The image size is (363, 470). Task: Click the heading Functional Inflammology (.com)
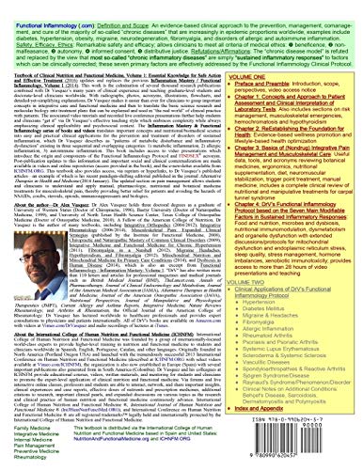(x=43, y=6)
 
